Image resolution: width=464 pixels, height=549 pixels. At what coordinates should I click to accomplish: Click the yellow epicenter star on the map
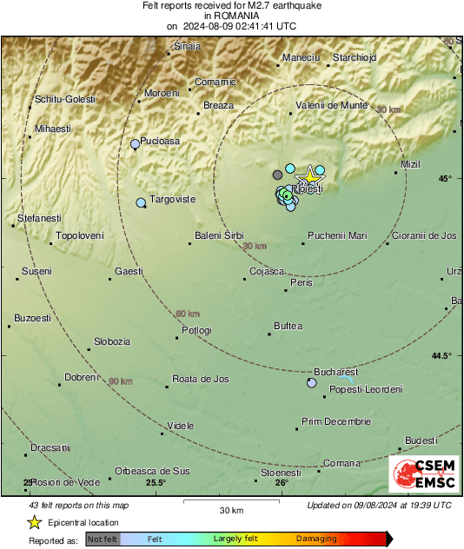point(307,175)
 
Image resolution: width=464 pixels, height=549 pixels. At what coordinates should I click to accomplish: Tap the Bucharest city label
point(335,371)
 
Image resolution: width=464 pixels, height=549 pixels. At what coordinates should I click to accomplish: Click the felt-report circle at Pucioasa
point(135,144)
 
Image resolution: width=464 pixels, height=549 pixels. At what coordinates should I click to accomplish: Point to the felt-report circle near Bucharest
point(312,382)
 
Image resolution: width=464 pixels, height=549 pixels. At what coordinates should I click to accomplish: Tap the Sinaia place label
point(188,46)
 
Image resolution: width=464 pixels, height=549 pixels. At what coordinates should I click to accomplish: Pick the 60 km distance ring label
point(188,314)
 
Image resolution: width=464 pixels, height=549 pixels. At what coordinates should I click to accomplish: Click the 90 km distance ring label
point(120,381)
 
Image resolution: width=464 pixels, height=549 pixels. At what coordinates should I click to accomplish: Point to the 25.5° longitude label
point(156,483)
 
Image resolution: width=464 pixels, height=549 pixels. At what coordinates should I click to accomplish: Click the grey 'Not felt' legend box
point(102,539)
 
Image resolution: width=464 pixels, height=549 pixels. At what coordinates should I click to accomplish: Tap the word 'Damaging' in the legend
point(315,539)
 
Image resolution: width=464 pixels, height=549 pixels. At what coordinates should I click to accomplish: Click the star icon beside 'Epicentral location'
point(34,522)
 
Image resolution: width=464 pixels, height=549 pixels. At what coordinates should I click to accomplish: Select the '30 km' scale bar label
point(230,510)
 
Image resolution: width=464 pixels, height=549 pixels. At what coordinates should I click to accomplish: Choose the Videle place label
point(181,426)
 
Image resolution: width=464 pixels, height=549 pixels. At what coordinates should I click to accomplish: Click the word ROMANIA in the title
point(231,16)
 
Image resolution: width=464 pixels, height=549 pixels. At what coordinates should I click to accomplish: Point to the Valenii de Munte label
point(331,105)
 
